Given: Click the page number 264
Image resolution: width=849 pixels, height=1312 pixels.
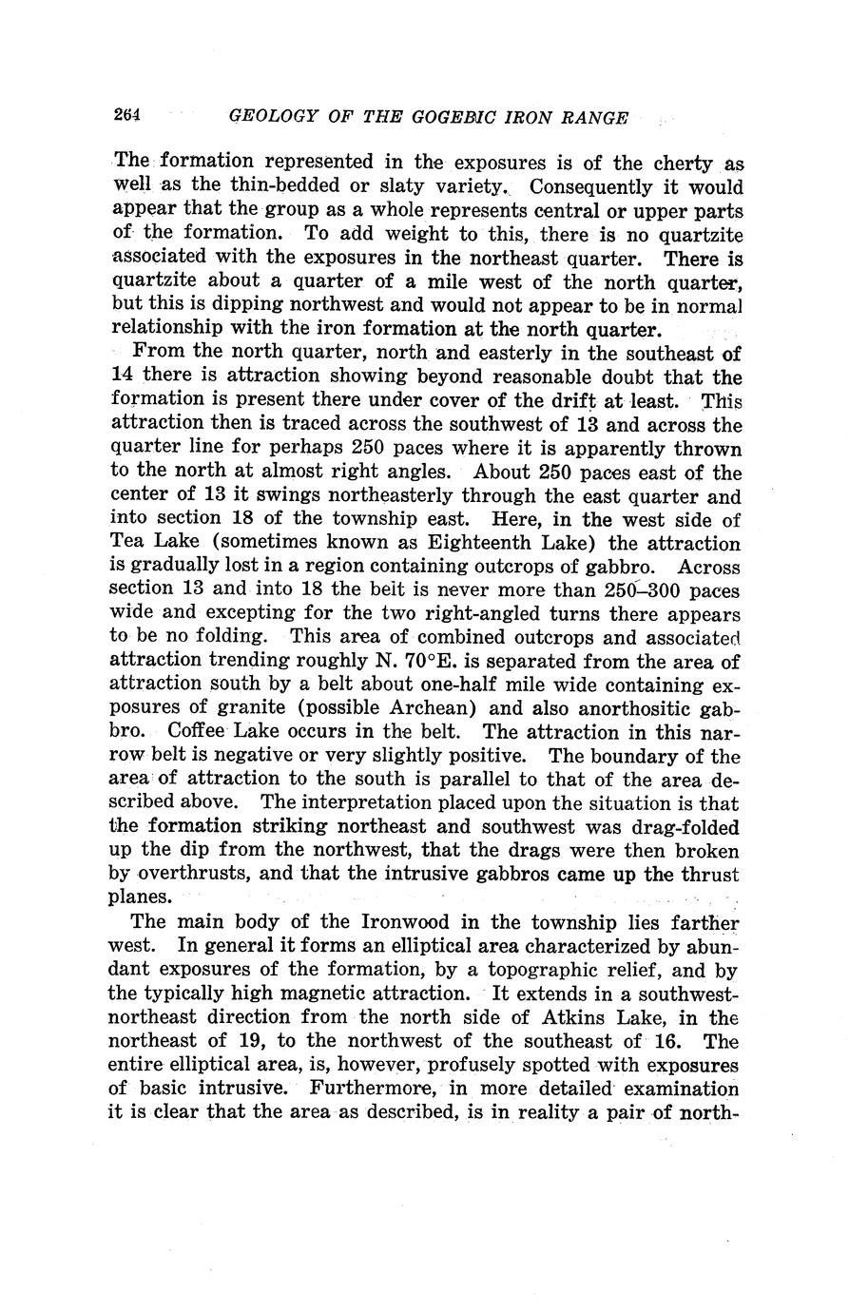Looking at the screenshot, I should coord(126,116).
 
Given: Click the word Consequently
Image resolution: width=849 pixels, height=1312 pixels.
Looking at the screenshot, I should coord(579,187).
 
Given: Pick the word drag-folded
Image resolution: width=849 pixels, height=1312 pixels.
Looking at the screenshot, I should coord(684,827).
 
